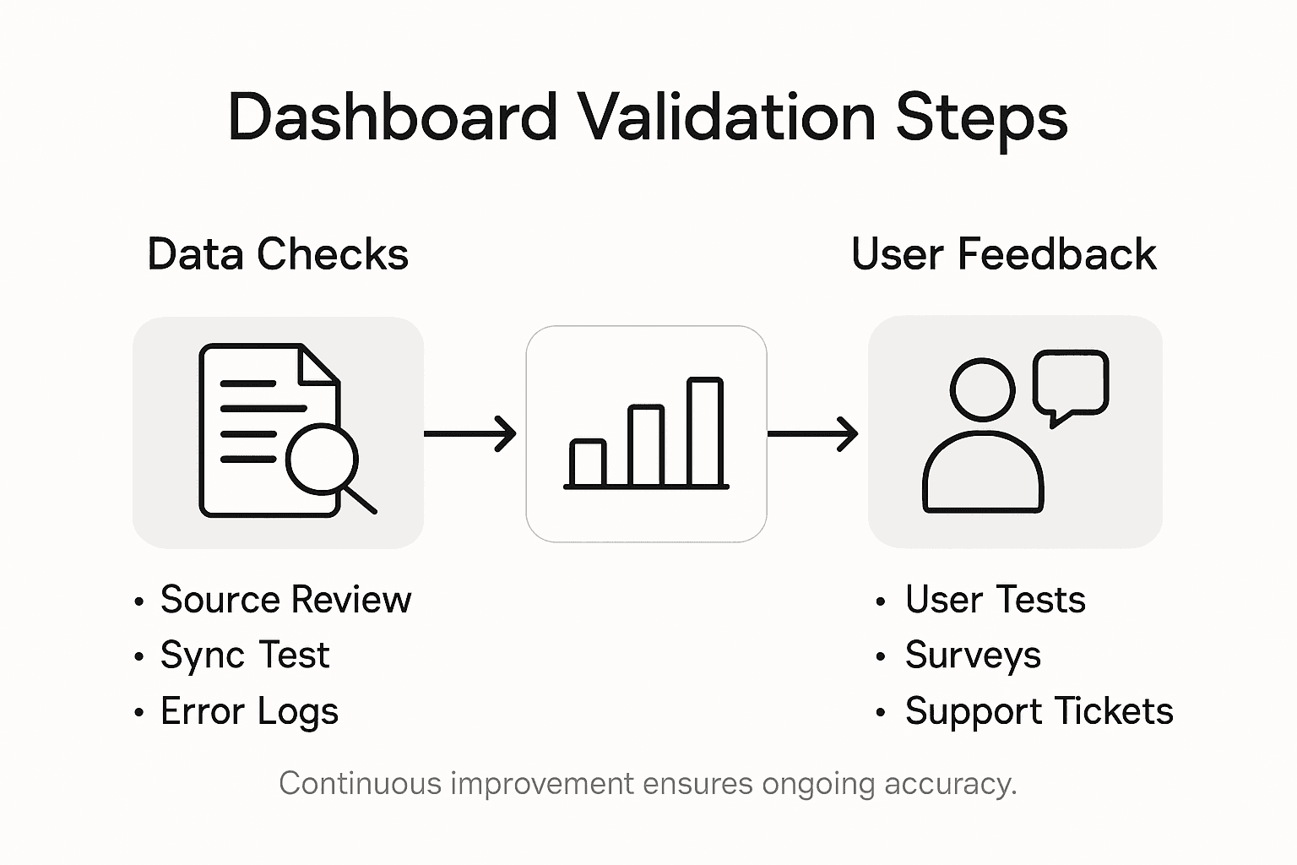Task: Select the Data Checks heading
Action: point(278,254)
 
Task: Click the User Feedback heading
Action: point(1003,254)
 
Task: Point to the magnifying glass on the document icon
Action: point(322,460)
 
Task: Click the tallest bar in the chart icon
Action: point(705,432)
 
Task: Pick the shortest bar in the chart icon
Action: point(588,463)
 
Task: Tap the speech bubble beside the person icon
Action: point(1071,383)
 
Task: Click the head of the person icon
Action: point(982,389)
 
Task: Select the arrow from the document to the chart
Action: point(469,433)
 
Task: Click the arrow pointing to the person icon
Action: point(812,433)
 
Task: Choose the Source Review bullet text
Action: point(285,600)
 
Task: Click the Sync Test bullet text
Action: point(245,656)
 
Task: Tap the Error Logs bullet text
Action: point(249,711)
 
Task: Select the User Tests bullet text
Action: point(995,600)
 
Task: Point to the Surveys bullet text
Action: point(973,656)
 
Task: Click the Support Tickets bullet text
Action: point(1039,711)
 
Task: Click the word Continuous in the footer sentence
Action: point(361,784)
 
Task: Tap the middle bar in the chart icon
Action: point(647,447)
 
